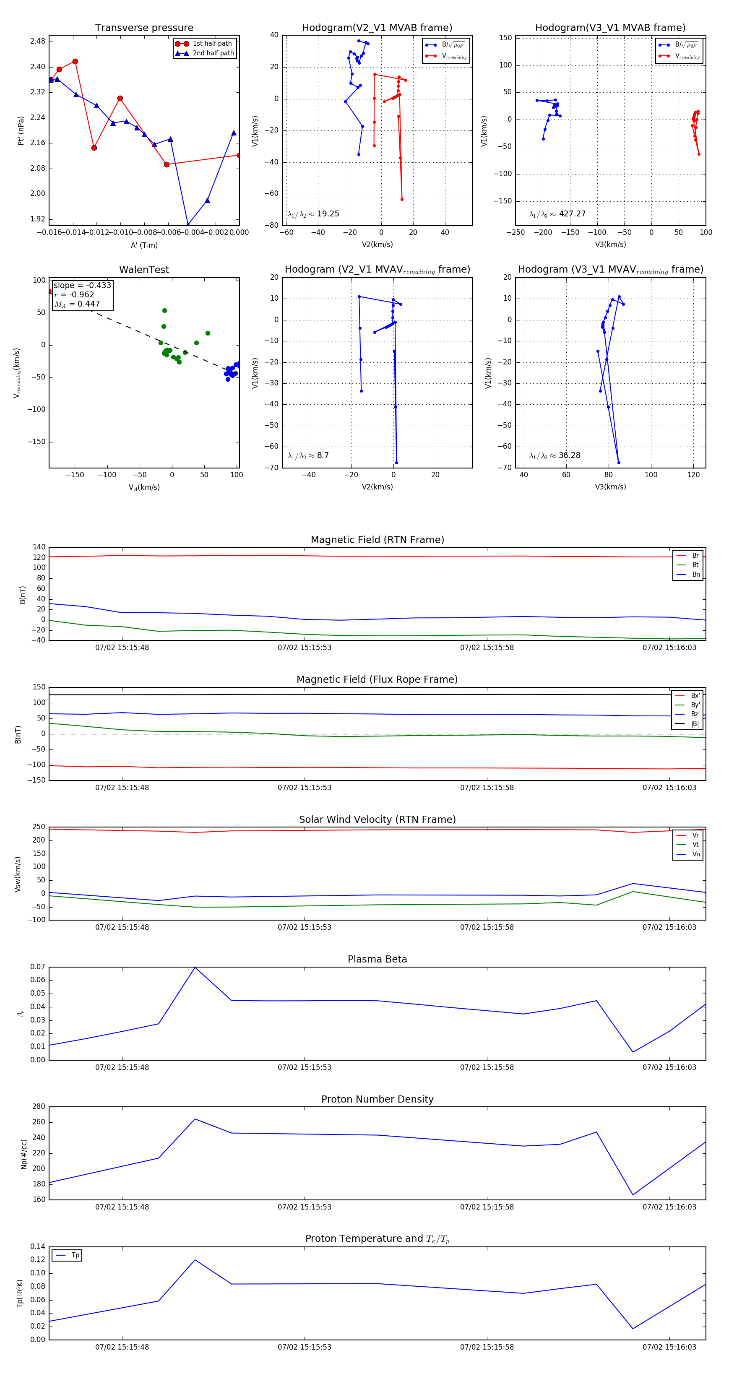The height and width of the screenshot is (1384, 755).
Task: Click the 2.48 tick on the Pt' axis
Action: (38, 42)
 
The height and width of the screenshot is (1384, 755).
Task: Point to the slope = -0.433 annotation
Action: (82, 285)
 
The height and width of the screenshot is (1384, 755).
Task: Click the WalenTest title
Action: (144, 270)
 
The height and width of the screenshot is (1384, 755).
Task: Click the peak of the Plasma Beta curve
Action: (195, 968)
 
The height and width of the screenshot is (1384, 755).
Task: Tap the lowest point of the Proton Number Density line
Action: (633, 1195)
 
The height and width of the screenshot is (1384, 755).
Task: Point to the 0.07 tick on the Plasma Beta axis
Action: (38, 967)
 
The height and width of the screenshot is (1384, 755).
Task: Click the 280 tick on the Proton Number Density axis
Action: (39, 1107)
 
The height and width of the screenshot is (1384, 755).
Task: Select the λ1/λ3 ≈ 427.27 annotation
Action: (557, 214)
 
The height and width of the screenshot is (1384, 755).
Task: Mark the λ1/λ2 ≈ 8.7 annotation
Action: (308, 455)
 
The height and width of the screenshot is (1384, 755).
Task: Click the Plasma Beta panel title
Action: (377, 959)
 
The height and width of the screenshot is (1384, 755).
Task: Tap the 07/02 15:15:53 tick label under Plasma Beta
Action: (304, 1067)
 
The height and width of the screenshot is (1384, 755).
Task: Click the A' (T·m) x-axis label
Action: (144, 245)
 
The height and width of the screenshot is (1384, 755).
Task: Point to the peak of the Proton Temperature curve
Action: (195, 1260)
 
